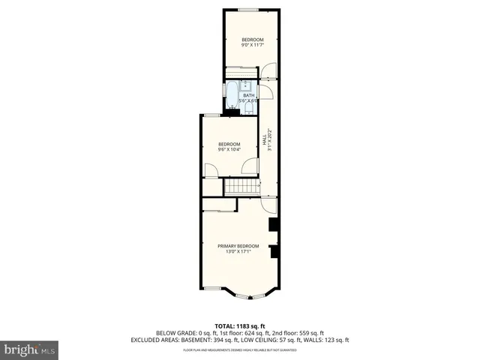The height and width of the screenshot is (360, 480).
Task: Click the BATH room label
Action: (x=248, y=95)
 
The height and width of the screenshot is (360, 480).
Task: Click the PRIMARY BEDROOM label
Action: (x=238, y=246)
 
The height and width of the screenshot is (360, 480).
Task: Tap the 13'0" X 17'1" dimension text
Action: (x=238, y=252)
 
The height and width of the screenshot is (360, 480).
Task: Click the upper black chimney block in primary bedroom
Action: (x=274, y=224)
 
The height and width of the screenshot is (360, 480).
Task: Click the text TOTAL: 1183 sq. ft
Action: (x=240, y=325)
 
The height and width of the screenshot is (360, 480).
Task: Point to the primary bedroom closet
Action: (x=219, y=205)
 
